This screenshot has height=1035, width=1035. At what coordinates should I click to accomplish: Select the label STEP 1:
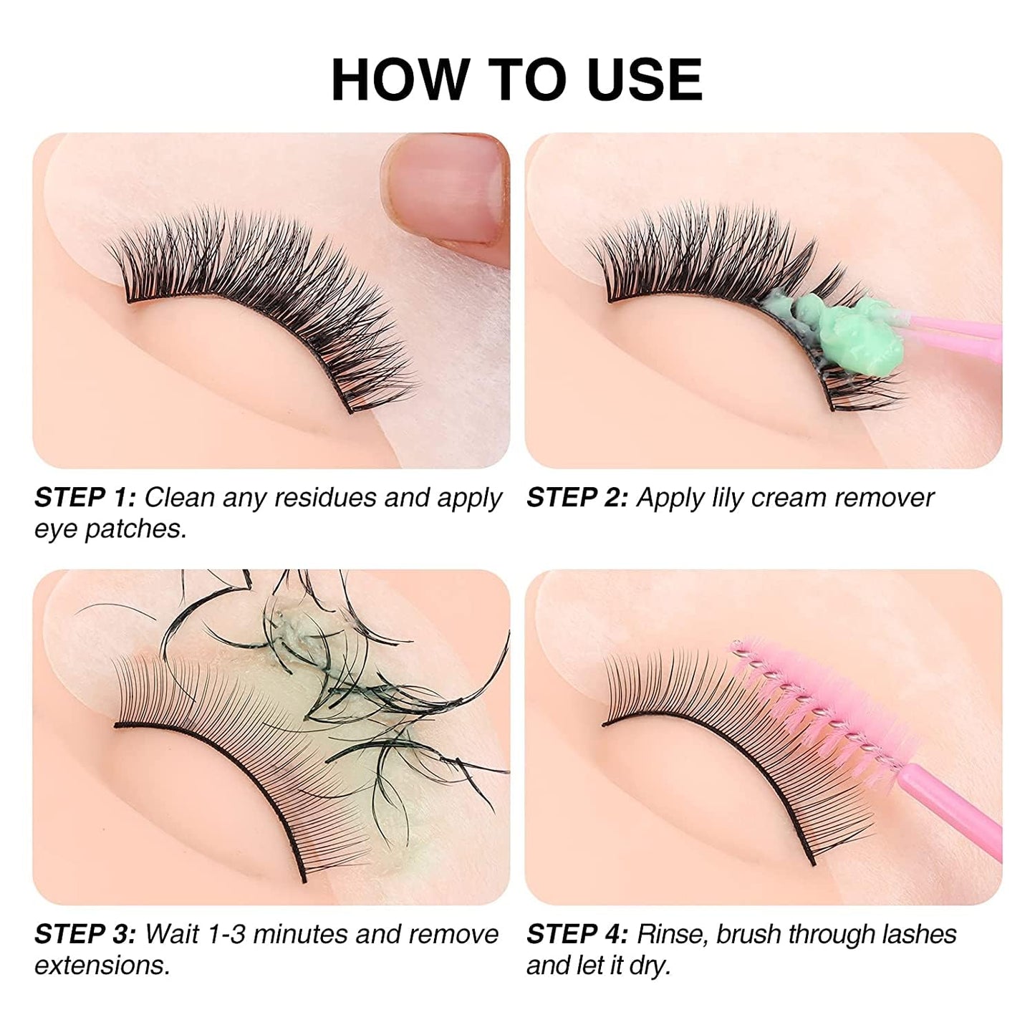tap(84, 498)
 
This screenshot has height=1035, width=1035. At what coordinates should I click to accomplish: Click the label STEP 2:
tap(577, 498)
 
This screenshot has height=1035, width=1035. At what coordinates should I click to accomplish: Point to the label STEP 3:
tap(84, 934)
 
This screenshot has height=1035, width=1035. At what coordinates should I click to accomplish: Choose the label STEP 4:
tap(577, 934)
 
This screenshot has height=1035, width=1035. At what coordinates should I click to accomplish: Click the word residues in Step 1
tap(325, 498)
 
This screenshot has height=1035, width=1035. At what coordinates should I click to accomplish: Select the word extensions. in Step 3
tap(102, 966)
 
